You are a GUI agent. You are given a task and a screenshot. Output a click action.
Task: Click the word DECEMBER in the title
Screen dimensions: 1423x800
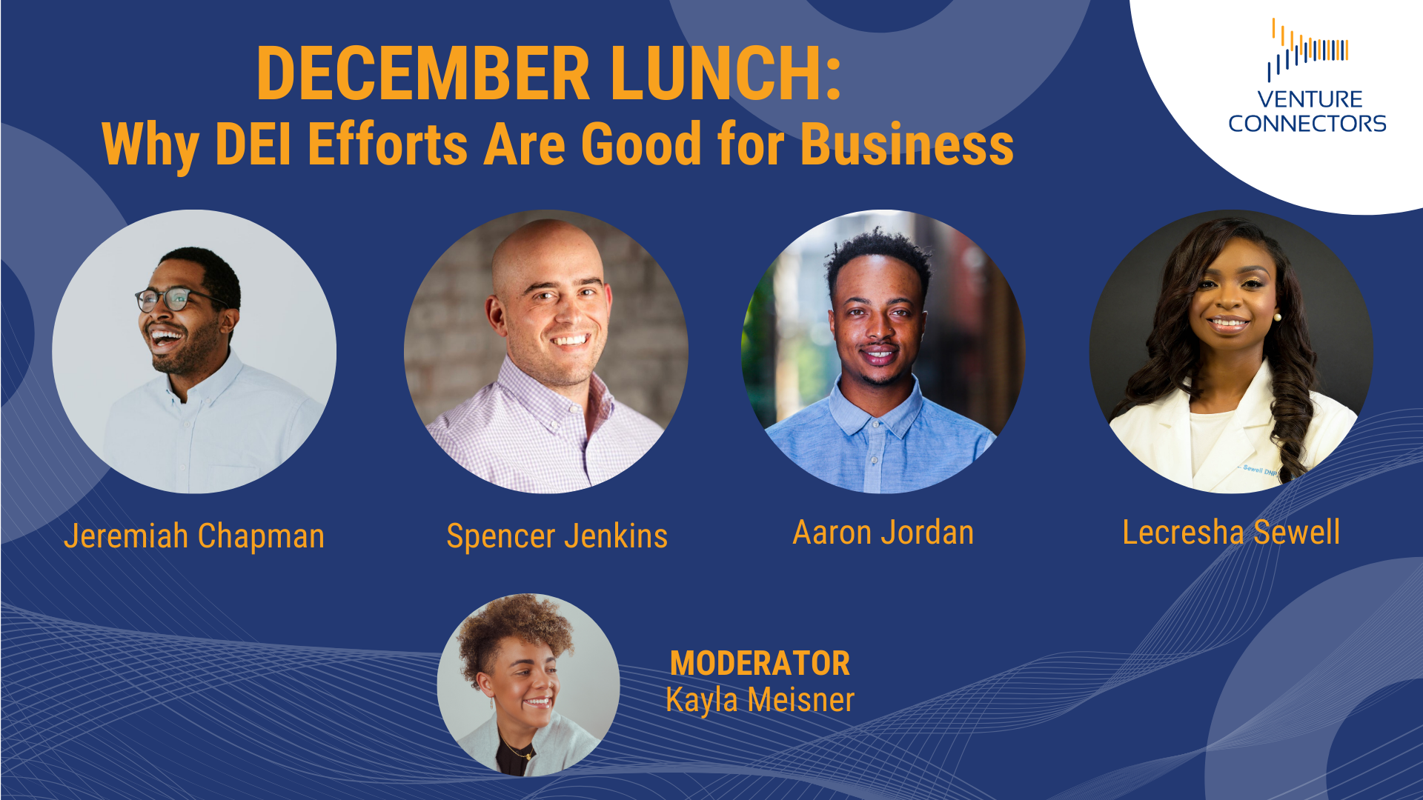(423, 73)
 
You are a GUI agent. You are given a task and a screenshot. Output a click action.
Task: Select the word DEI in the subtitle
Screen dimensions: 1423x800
(253, 144)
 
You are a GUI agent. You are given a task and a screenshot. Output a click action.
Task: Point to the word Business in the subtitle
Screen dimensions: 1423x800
(907, 144)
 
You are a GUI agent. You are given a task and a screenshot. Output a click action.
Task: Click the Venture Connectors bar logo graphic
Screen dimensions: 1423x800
(1308, 49)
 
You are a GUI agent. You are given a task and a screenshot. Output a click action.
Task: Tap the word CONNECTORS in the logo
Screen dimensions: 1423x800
(1307, 124)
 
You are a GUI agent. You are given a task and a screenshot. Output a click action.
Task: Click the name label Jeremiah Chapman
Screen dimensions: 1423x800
(194, 536)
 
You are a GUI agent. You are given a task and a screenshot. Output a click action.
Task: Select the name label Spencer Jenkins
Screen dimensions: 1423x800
(557, 536)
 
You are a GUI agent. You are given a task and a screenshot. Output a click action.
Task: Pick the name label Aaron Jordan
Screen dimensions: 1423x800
(883, 533)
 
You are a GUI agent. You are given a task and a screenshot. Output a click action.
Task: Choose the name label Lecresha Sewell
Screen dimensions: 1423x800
(1231, 533)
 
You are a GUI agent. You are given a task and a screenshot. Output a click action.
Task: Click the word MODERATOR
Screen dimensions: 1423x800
(760, 664)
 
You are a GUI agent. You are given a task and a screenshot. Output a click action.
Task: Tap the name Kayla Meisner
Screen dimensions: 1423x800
(760, 700)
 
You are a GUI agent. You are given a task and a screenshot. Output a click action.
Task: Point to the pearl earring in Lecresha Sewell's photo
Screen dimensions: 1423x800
(1277, 317)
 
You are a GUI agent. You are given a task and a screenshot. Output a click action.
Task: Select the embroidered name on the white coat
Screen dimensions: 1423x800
(1260, 470)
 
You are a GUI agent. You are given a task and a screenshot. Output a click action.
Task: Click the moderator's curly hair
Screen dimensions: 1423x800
(511, 630)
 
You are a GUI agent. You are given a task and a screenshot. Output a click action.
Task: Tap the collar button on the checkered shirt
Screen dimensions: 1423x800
(553, 425)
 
